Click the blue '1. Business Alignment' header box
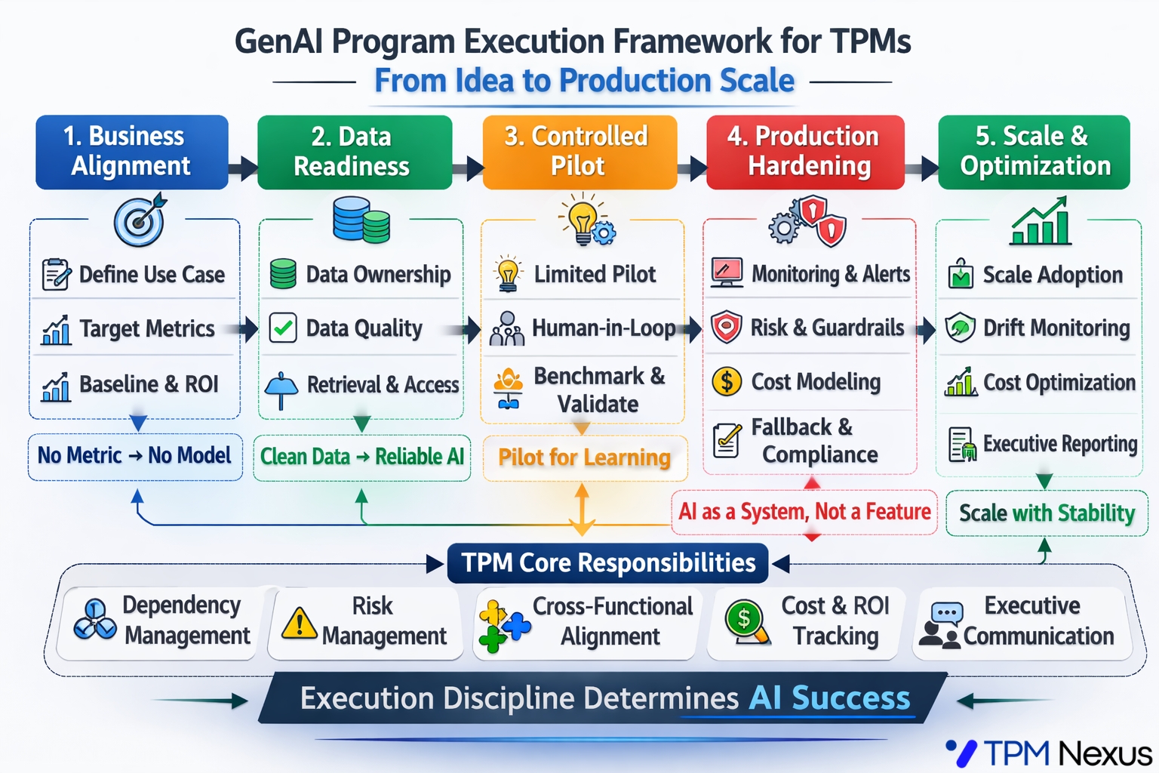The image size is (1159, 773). (132, 152)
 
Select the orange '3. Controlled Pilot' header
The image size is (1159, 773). (579, 152)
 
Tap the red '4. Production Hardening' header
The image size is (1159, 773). (805, 152)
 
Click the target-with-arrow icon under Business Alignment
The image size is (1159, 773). (140, 220)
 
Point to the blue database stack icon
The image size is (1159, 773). (361, 220)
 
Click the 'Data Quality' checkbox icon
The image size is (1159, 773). (283, 328)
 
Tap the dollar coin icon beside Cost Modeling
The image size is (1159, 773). (726, 381)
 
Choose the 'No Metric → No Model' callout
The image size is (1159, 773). (135, 456)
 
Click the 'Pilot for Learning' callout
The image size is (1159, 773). (585, 457)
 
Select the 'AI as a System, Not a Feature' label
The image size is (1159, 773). (804, 512)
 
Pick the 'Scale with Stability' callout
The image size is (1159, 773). (1047, 513)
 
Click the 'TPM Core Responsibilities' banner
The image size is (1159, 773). (607, 563)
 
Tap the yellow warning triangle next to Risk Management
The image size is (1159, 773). (299, 623)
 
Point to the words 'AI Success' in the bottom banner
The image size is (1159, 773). (829, 698)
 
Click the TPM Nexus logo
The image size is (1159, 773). (1049, 753)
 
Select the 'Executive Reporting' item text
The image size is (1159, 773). (1059, 444)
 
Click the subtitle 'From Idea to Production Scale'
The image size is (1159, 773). (584, 81)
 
